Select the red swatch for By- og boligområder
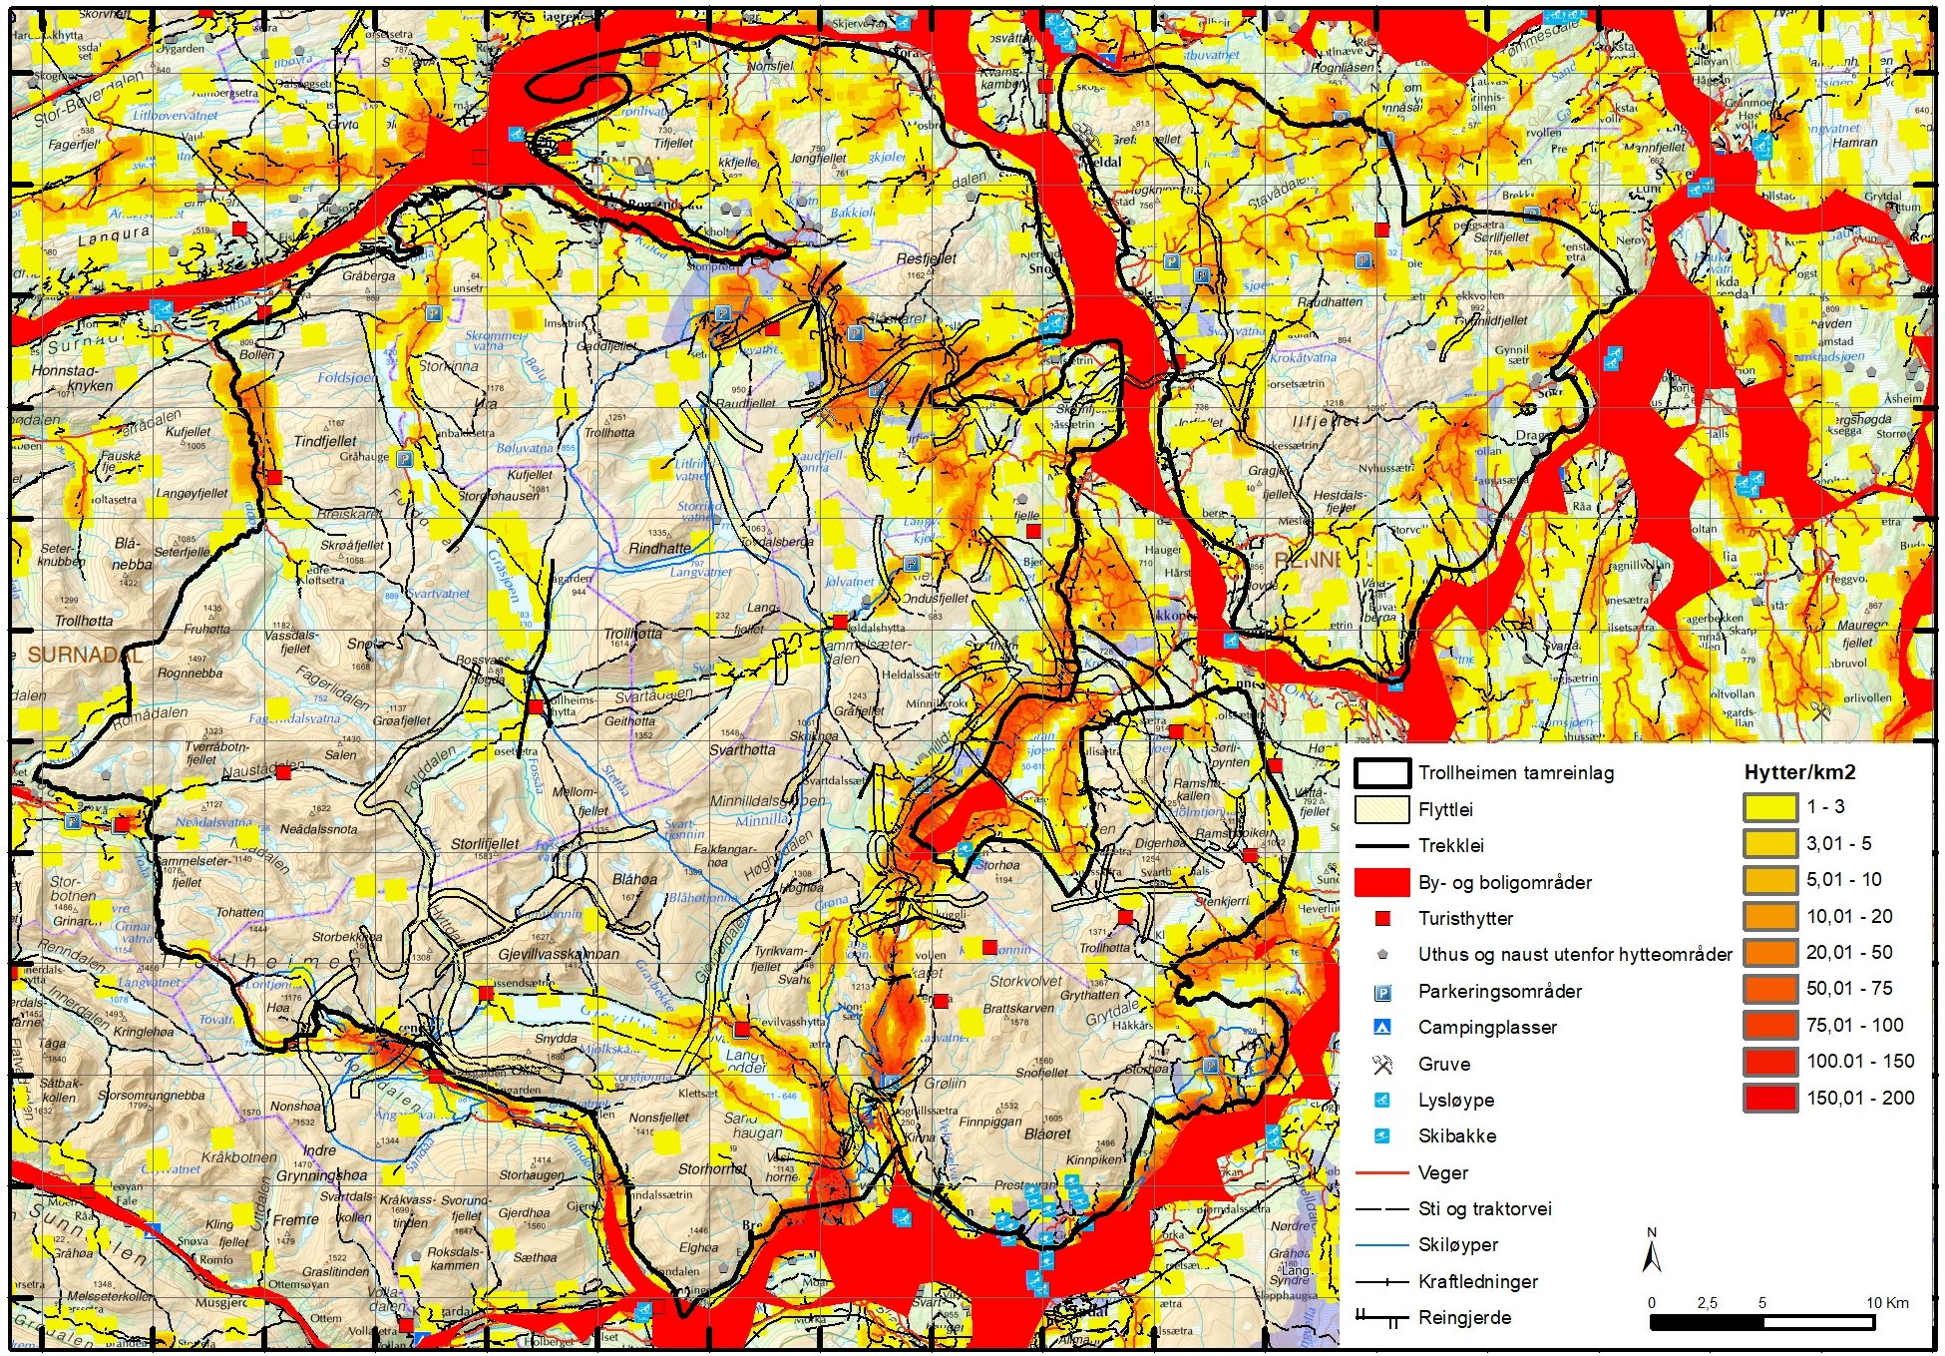(1381, 882)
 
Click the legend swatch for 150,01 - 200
(1770, 1098)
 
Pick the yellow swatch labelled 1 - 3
(1770, 807)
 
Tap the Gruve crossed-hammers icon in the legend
(1381, 1064)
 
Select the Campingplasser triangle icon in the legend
(1381, 1027)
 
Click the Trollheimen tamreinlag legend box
(1381, 772)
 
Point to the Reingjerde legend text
(1464, 1318)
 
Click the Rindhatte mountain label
(659, 548)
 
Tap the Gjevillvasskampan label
(558, 954)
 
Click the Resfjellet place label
(926, 258)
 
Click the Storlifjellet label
(485, 844)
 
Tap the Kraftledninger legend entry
(1477, 1281)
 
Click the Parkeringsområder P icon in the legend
(1381, 991)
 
